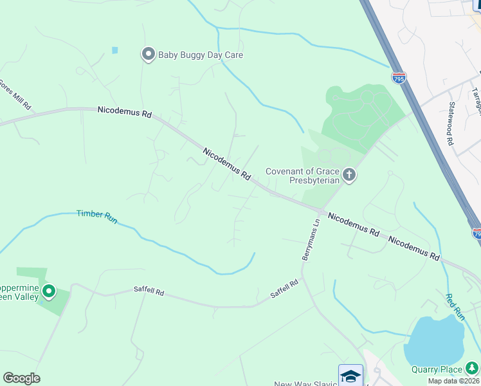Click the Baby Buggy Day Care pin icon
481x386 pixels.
click(149, 55)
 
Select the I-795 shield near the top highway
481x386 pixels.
click(399, 78)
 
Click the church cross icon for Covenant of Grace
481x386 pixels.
click(349, 175)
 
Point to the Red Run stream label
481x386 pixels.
click(455, 307)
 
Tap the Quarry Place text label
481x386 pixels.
click(437, 369)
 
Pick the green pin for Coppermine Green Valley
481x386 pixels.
click(49, 293)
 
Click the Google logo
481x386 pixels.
click(21, 378)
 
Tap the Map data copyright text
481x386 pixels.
click(454, 381)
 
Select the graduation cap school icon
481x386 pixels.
click(350, 375)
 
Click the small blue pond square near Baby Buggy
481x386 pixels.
click(115, 50)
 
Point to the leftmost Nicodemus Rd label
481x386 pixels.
click(124, 112)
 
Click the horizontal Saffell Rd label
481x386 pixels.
click(149, 292)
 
